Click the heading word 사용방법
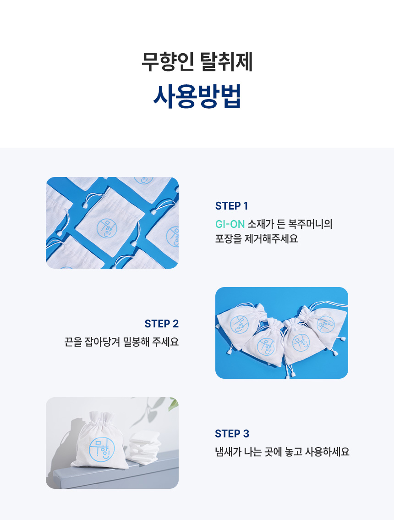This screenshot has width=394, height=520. (197, 96)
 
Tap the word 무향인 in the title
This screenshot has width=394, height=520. (168, 61)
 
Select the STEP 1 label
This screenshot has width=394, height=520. (232, 206)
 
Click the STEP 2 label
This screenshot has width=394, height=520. (161, 324)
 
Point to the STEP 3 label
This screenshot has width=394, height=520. (232, 434)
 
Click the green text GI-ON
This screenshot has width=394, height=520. (230, 224)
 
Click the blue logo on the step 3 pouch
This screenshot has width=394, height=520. (102, 449)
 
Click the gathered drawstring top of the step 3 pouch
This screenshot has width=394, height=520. (101, 418)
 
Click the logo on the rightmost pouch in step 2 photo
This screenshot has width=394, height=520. (325, 325)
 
